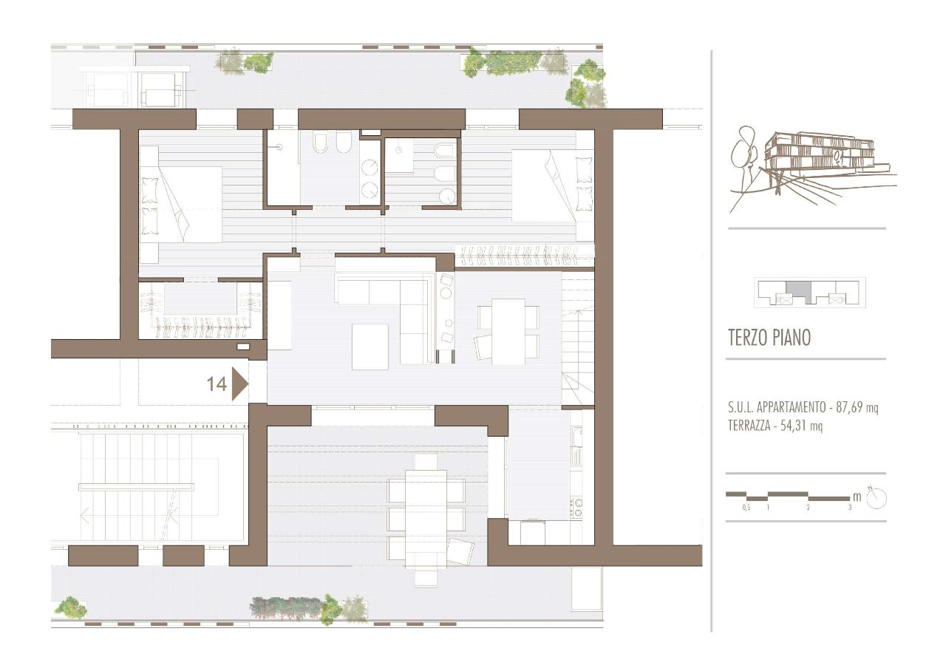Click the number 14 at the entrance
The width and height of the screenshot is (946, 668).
click(x=217, y=384)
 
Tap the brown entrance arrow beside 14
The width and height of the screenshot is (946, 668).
click(x=239, y=384)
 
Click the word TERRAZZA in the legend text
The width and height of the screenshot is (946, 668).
click(x=749, y=426)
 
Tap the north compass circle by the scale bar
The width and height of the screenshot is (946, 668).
click(x=877, y=499)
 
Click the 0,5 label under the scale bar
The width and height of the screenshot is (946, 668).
click(x=746, y=508)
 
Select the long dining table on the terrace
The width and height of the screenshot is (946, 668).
click(x=426, y=519)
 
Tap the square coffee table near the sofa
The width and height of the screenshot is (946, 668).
click(x=370, y=347)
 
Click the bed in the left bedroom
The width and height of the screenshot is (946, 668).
click(x=181, y=204)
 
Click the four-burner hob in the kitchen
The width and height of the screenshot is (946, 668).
click(x=577, y=508)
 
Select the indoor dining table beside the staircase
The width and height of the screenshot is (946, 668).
click(x=508, y=330)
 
